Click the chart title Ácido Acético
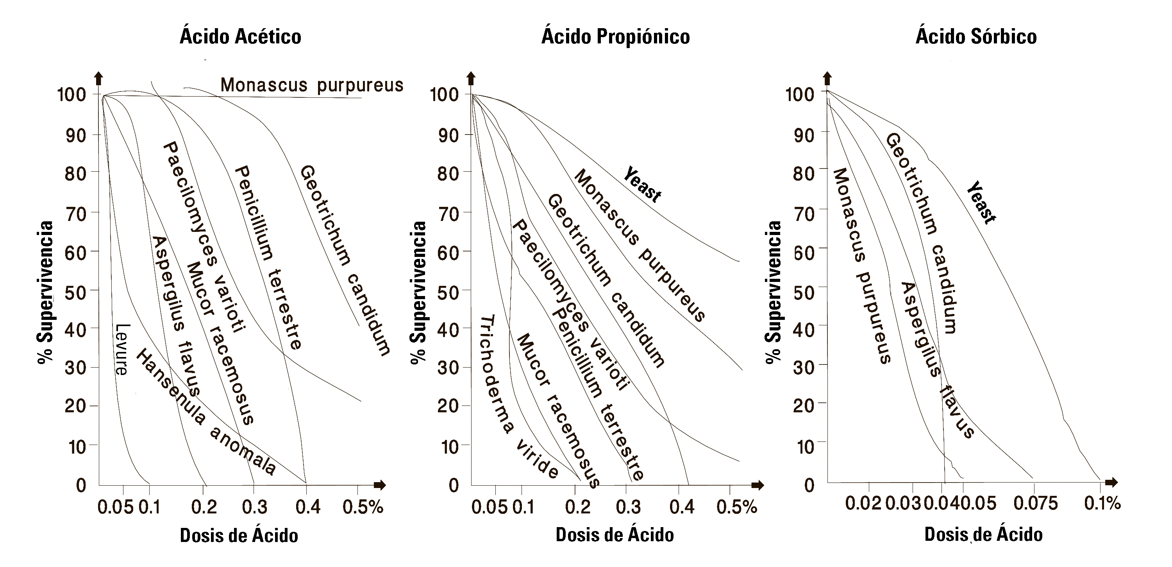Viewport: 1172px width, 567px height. point(240,36)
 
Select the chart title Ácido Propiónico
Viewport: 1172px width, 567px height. point(615,36)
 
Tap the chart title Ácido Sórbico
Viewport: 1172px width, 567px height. point(976,36)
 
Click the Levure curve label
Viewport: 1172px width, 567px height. point(122,349)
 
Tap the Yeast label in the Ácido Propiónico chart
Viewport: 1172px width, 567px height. point(642,185)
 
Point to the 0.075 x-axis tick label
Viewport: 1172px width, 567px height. point(1036,504)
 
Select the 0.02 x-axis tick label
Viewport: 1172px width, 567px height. point(863,504)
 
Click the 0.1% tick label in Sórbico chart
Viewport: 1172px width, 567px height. point(1102,504)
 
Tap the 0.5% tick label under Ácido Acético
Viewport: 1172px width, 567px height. point(363,507)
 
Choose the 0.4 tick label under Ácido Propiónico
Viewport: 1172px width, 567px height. point(682,507)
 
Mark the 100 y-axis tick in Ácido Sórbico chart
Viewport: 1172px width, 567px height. point(799,94)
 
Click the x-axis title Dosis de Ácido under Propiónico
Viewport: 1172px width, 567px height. point(615,535)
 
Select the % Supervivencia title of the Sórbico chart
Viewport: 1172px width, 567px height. point(773,292)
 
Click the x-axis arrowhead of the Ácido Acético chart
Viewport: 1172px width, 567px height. point(381,485)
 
